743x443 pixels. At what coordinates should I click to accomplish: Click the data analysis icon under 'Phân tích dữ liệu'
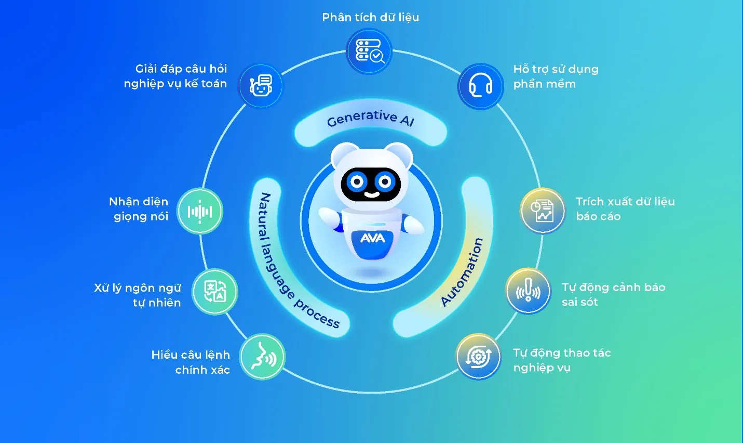coord(369,51)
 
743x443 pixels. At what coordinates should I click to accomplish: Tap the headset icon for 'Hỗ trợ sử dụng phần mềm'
coord(481,86)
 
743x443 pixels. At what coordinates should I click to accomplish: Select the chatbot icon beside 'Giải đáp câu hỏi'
coord(261,86)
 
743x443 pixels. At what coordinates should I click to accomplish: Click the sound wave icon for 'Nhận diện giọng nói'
coord(200,211)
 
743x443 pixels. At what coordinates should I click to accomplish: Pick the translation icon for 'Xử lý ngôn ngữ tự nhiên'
coord(215,292)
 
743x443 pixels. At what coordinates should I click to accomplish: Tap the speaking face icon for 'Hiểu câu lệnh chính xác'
coord(263,357)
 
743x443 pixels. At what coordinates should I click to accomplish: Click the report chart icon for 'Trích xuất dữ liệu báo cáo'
coord(543,211)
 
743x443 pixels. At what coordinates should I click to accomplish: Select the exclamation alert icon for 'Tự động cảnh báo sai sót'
coord(528,291)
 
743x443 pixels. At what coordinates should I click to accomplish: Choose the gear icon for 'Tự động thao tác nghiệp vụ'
coord(478,357)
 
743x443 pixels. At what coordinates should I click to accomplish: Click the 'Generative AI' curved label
coord(370,119)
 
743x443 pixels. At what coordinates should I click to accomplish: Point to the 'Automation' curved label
coord(462,272)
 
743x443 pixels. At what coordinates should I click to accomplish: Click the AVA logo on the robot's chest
coord(372,238)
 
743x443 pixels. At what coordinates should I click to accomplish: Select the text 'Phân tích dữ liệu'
coord(370,17)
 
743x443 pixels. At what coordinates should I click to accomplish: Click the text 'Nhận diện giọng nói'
coord(139,209)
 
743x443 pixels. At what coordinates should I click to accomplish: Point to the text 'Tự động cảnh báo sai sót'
coord(613,294)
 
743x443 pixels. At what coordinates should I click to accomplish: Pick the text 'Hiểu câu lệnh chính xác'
coord(191,362)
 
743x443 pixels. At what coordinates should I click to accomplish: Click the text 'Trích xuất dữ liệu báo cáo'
coord(625,209)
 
